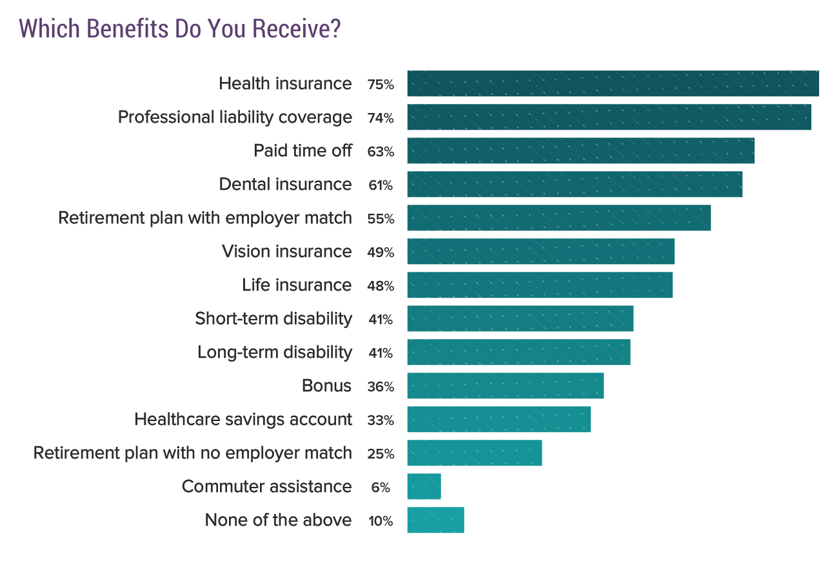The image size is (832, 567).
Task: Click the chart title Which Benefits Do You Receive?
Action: [x=180, y=29]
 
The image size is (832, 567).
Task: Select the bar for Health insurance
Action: [x=613, y=84]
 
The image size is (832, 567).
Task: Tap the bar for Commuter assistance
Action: [x=424, y=486]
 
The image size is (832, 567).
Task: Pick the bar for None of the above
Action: [x=435, y=520]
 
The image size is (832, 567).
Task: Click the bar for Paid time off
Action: [x=580, y=151]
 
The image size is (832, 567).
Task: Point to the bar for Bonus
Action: [x=505, y=386]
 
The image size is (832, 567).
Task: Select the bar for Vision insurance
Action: [x=540, y=251]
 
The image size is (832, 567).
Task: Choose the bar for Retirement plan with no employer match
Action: [x=474, y=453]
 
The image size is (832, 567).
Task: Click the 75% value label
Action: [x=380, y=85]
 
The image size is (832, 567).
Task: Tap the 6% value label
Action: [x=380, y=488]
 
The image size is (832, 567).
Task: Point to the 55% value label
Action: [x=380, y=219]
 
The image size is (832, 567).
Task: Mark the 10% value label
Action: [x=380, y=521]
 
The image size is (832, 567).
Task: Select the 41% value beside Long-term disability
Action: [x=380, y=353]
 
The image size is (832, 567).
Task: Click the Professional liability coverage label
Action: [x=235, y=118]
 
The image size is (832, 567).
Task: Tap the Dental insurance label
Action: [x=285, y=185]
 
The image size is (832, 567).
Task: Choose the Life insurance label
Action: [x=297, y=285]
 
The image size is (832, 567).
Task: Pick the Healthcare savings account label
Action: [x=243, y=420]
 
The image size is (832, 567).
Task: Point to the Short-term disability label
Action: [x=273, y=318]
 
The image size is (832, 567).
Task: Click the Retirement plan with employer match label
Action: [x=205, y=218]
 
